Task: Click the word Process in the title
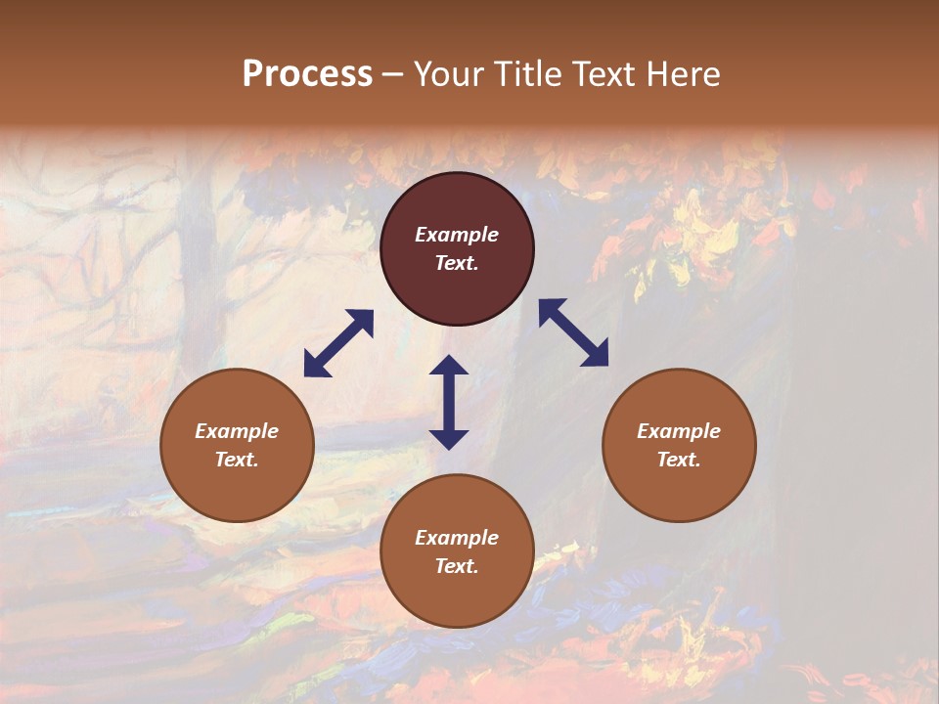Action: [307, 74]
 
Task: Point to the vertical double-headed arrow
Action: [449, 402]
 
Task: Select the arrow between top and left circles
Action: [338, 343]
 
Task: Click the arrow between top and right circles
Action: [574, 332]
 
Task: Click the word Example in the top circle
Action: [457, 235]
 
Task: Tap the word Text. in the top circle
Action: [457, 263]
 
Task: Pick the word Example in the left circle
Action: [237, 431]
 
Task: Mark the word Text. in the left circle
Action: [237, 460]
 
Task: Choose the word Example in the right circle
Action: [679, 431]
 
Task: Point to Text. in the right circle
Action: [679, 460]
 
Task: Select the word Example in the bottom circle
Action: [457, 538]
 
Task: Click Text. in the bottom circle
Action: [457, 566]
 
